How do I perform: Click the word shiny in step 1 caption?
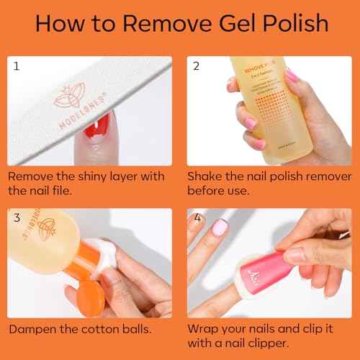[x=89, y=176]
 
